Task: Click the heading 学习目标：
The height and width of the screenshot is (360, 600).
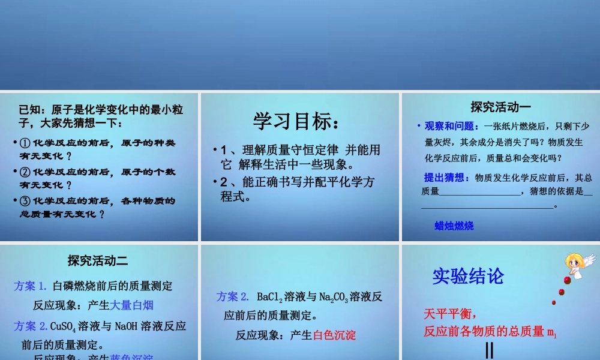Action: [x=296, y=122]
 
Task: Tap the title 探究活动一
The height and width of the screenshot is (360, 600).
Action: [x=500, y=107]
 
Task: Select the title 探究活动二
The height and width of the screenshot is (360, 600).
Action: [x=98, y=260]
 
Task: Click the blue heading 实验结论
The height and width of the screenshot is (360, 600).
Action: [x=468, y=276]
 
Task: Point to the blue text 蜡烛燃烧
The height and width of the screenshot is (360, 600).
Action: [x=454, y=226]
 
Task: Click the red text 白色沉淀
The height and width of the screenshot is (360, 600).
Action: [x=335, y=335]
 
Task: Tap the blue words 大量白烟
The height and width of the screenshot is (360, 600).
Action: [x=132, y=305]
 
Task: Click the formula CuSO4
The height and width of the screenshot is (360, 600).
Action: [x=63, y=326]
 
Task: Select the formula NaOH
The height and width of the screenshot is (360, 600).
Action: [x=125, y=326]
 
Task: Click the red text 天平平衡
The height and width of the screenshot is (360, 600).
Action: [x=450, y=314]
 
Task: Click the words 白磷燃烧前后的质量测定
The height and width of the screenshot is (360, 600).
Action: [x=113, y=286]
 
